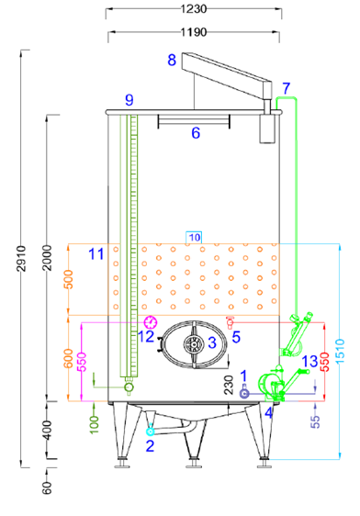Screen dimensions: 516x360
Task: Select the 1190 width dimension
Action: coord(194,31)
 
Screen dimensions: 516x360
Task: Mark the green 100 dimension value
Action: coord(94,422)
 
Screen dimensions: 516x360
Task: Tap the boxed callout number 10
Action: coord(194,238)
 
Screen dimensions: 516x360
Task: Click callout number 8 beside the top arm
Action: coord(172,60)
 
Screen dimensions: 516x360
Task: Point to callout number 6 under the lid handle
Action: coord(195,133)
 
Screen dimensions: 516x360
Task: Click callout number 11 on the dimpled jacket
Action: coord(96,253)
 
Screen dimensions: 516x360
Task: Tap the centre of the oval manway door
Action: coord(194,344)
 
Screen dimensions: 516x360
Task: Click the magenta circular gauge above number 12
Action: coord(151,321)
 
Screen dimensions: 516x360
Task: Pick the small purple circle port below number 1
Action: coord(244,393)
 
